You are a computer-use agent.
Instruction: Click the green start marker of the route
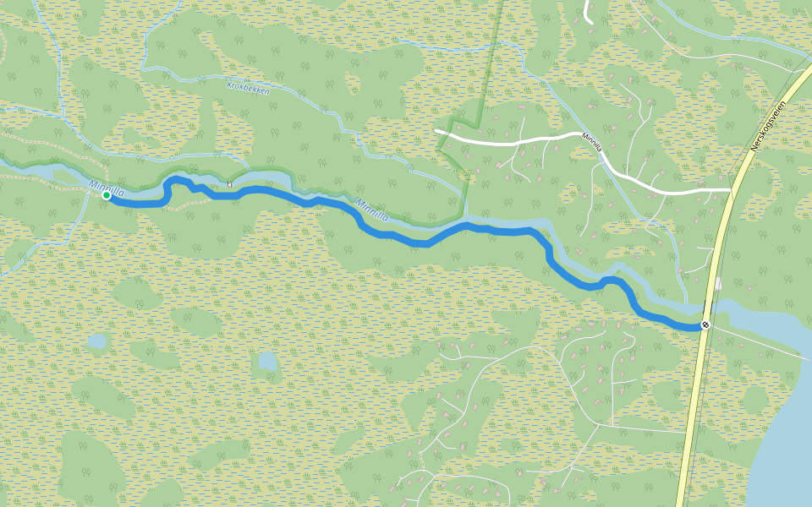coord(107,195)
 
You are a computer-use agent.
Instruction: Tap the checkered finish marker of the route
coord(705,324)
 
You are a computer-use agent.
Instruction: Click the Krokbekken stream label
coord(248,88)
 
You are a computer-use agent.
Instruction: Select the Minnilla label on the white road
coord(591,140)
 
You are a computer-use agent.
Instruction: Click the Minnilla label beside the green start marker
coord(107,187)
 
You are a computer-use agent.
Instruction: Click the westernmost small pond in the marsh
coord(97,341)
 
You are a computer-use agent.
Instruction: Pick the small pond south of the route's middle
coord(267,362)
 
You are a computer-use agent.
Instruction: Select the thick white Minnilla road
coord(507,142)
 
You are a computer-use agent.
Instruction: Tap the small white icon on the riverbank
coord(229,183)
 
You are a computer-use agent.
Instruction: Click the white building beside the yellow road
coord(718,283)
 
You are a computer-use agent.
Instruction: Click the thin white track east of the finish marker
coord(753,338)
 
